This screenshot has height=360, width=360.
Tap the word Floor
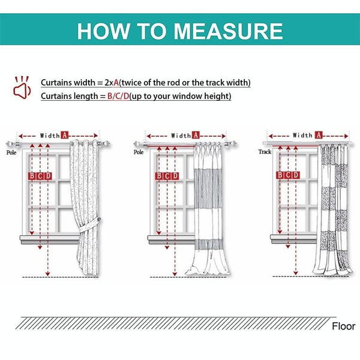pyautogui.click(x=343, y=326)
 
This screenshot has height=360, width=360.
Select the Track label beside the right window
pyautogui.click(x=265, y=152)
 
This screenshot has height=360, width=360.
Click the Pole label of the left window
pyautogui.click(x=11, y=153)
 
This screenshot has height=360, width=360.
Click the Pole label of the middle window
pyautogui.click(x=139, y=152)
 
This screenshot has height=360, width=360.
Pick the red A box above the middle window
pyautogui.click(x=196, y=136)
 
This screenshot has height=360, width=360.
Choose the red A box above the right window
pyautogui.click(x=318, y=136)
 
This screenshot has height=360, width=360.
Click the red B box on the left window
pyautogui.click(x=32, y=176)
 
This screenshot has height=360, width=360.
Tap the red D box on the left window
pyautogui.click(x=48, y=176)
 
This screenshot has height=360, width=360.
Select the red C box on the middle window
pyautogui.click(x=167, y=176)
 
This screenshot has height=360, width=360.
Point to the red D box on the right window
pyautogui.click(x=296, y=175)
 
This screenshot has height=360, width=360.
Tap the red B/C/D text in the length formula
pyautogui.click(x=118, y=96)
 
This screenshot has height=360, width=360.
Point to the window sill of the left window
pyautogui.click(x=48, y=238)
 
